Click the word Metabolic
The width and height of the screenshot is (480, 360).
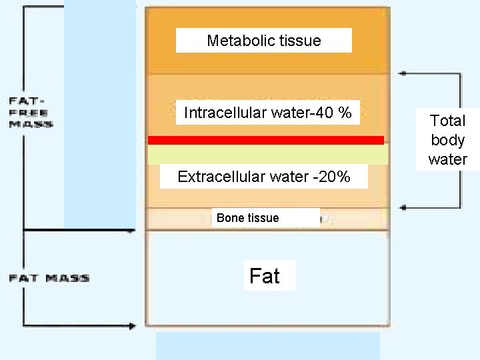pyautogui.click(x=236, y=41)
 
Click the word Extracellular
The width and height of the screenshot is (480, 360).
pyautogui.click(x=221, y=177)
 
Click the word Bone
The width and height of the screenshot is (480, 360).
pyautogui.click(x=231, y=218)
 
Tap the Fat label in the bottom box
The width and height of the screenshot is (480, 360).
pyautogui.click(x=265, y=276)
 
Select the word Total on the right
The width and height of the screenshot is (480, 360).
pyautogui.click(x=447, y=121)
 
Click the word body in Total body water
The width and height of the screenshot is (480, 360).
pyautogui.click(x=447, y=140)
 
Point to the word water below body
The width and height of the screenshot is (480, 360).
pyautogui.click(x=447, y=159)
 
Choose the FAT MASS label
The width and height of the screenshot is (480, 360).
pyautogui.click(x=49, y=278)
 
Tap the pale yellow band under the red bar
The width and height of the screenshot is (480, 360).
pyautogui.click(x=267, y=154)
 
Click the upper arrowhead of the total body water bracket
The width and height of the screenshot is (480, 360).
pyautogui.click(x=402, y=73)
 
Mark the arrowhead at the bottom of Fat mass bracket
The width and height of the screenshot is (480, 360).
pyautogui.click(x=132, y=326)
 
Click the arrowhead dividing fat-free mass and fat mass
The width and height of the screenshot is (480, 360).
pyautogui.click(x=132, y=231)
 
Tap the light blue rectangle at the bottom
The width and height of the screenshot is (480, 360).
pyautogui.click(x=267, y=346)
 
